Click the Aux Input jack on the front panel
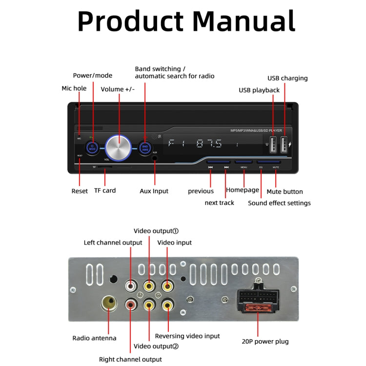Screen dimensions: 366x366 coord(155,158)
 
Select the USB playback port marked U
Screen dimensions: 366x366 coord(273,143)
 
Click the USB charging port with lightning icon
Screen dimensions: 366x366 coord(284,143)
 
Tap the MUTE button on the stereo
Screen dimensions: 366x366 coord(275,162)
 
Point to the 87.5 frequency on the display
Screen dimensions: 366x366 coord(209,144)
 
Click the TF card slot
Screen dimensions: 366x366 coord(104,167)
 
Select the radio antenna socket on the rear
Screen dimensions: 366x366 coord(109,303)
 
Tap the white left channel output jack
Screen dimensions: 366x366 coord(131,285)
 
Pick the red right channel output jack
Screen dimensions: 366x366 coord(131,305)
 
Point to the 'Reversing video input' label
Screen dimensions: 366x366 coord(187,336)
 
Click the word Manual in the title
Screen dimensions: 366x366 coord(243,22)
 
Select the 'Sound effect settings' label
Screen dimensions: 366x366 coord(279,203)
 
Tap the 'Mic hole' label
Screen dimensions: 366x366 coord(74,88)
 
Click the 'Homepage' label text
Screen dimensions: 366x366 coord(242,190)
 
